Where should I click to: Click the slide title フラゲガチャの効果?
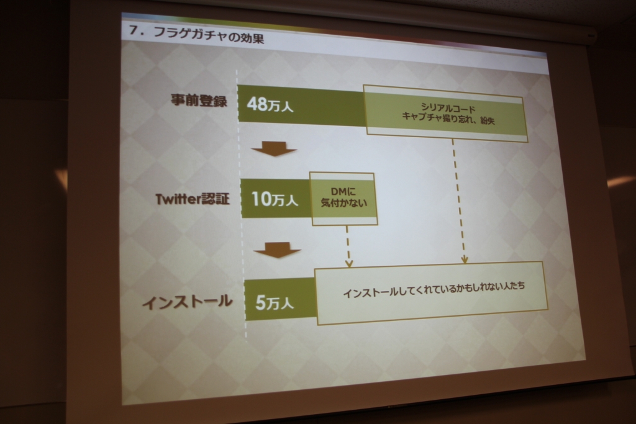pos(209,35)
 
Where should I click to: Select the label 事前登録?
pos(199,100)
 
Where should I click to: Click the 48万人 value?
pos(270,104)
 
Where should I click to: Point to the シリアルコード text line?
pos(448,108)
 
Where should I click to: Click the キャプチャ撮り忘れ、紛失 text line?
pos(448,119)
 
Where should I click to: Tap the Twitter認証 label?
pos(193,199)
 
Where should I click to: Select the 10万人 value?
pos(275,199)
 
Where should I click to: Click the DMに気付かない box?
pos(343,199)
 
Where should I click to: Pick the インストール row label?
pos(187,302)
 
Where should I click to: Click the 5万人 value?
pos(274,303)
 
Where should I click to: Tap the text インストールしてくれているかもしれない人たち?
pos(434,289)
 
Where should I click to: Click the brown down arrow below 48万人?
pos(274,149)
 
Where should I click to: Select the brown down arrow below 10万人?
pos(277,250)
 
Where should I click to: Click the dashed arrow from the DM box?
pos(348,246)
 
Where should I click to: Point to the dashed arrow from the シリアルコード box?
pos(459,201)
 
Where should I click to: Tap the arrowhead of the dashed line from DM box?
pos(349,263)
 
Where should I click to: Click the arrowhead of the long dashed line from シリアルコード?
pos(465,260)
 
